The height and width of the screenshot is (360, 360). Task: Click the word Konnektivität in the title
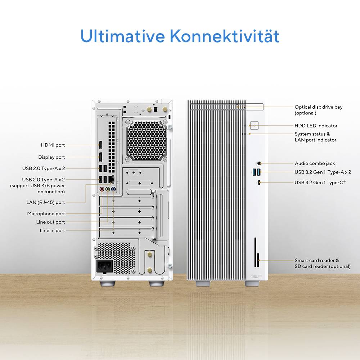[x=224, y=36]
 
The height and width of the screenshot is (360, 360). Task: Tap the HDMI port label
[x=53, y=145]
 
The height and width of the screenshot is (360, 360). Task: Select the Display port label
[x=51, y=157]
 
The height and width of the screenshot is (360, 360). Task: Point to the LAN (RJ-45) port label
[x=46, y=202]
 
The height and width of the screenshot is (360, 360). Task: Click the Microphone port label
[x=46, y=214]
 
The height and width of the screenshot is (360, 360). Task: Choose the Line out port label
[x=50, y=222]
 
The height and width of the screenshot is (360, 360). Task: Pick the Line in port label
[x=52, y=230]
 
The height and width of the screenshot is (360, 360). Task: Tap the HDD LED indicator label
[x=316, y=126]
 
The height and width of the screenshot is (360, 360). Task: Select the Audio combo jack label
[x=315, y=163]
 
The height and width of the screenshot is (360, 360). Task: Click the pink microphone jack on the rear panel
[x=102, y=188]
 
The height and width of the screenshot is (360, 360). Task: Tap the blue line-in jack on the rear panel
[x=113, y=188]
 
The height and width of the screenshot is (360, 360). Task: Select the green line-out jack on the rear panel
[x=108, y=188]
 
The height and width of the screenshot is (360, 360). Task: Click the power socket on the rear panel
[x=104, y=267]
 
